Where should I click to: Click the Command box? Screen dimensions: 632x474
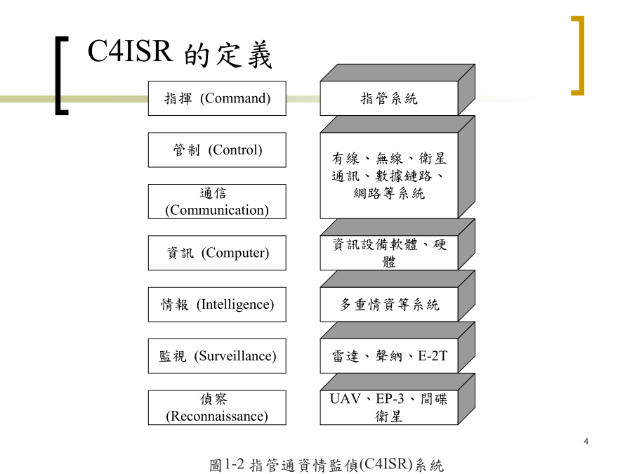[217, 98]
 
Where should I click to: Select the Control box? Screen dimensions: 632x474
[217, 150]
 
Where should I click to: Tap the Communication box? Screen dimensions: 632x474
[217, 202]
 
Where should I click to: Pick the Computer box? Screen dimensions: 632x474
[217, 253]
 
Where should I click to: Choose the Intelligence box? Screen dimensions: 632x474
[217, 304]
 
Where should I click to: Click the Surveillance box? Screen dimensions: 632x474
[217, 356]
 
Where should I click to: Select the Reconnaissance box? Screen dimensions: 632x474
[217, 407]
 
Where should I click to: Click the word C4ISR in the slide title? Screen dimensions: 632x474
[130, 51]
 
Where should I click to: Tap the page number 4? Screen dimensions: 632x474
[586, 442]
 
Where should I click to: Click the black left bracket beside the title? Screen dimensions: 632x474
[59, 76]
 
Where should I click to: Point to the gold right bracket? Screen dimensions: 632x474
[581, 55]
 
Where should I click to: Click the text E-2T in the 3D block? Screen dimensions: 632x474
[433, 356]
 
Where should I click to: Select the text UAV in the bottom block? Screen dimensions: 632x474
[345, 399]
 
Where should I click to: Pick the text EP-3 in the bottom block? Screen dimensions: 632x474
[390, 399]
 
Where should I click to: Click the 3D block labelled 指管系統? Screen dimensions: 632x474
[397, 90]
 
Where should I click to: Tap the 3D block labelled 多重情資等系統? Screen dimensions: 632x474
[397, 296]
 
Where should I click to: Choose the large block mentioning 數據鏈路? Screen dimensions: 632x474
[397, 167]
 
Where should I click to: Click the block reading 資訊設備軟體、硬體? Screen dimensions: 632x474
[397, 244]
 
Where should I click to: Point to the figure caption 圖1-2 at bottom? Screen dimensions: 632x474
[327, 465]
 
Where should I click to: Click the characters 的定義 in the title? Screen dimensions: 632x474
[228, 55]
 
